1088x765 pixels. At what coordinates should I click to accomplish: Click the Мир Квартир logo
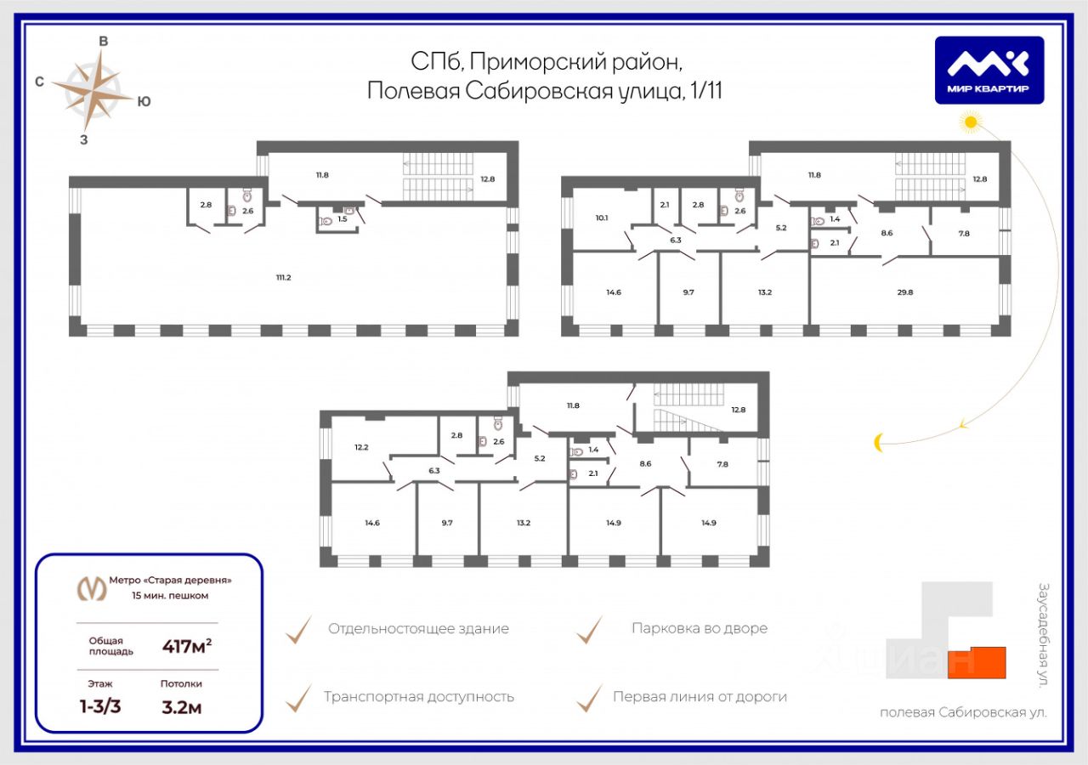tap(989, 71)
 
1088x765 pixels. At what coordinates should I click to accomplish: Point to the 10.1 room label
tap(602, 218)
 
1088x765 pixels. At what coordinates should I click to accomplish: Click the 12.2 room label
tap(361, 447)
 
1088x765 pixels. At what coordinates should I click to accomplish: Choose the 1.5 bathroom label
tap(343, 219)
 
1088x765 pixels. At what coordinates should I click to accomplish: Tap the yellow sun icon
tap(970, 124)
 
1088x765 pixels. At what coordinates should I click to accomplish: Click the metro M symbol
tap(92, 587)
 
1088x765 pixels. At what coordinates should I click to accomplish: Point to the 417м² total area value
tap(187, 646)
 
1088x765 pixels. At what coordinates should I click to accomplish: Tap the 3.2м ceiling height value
tap(182, 706)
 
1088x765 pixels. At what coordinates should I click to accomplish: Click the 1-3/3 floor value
tap(100, 706)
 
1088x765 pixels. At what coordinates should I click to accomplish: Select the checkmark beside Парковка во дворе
tap(589, 630)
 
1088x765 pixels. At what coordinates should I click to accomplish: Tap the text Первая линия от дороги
tap(700, 697)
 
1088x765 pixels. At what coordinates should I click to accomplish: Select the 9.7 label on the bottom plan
tap(447, 523)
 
